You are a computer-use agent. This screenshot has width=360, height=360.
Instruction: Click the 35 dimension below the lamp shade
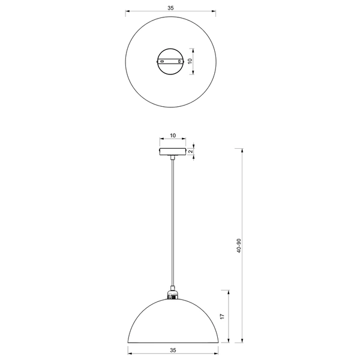pyautogui.click(x=173, y=349)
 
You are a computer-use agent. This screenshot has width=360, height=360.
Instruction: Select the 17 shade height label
pyautogui.click(x=221, y=316)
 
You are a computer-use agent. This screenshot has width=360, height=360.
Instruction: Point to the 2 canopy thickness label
pyautogui.click(x=190, y=151)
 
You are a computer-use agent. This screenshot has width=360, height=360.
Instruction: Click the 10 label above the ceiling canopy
pyautogui.click(x=173, y=136)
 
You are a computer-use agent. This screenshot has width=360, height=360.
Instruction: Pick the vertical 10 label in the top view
pyautogui.click(x=190, y=61)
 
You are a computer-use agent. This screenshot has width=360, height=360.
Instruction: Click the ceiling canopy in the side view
pyautogui.click(x=173, y=151)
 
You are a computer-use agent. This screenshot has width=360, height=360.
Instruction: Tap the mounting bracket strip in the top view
pyautogui.click(x=172, y=61)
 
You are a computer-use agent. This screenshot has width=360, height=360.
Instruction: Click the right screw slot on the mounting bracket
pyautogui.click(x=182, y=61)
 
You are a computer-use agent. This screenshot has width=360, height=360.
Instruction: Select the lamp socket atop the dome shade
pyautogui.click(x=173, y=294)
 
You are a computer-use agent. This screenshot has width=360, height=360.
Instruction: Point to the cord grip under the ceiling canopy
pyautogui.click(x=173, y=158)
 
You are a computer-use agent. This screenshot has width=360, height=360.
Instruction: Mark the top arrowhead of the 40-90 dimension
pyautogui.click(x=243, y=147)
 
